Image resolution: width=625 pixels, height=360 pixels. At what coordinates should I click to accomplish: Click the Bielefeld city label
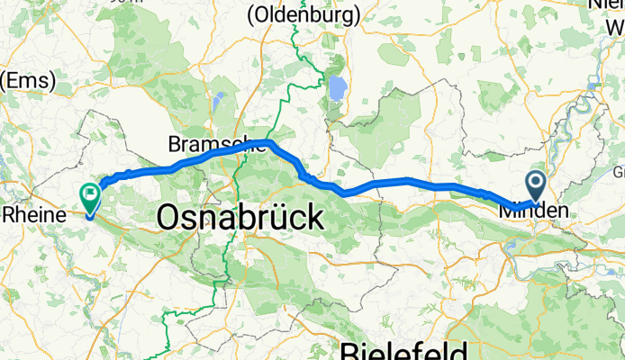click(x=403, y=350)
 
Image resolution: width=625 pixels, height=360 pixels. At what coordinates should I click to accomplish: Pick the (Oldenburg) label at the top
click(x=303, y=14)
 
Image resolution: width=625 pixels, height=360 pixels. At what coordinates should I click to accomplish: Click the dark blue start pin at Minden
click(x=535, y=187)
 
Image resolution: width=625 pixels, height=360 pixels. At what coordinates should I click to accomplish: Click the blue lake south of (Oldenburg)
click(x=337, y=87)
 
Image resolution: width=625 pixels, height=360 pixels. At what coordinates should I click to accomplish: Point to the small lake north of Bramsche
click(x=220, y=100)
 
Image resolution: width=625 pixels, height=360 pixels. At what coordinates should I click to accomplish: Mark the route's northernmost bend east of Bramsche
click(x=268, y=142)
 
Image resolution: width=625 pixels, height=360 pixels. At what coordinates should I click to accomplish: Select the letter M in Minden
click(x=508, y=211)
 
